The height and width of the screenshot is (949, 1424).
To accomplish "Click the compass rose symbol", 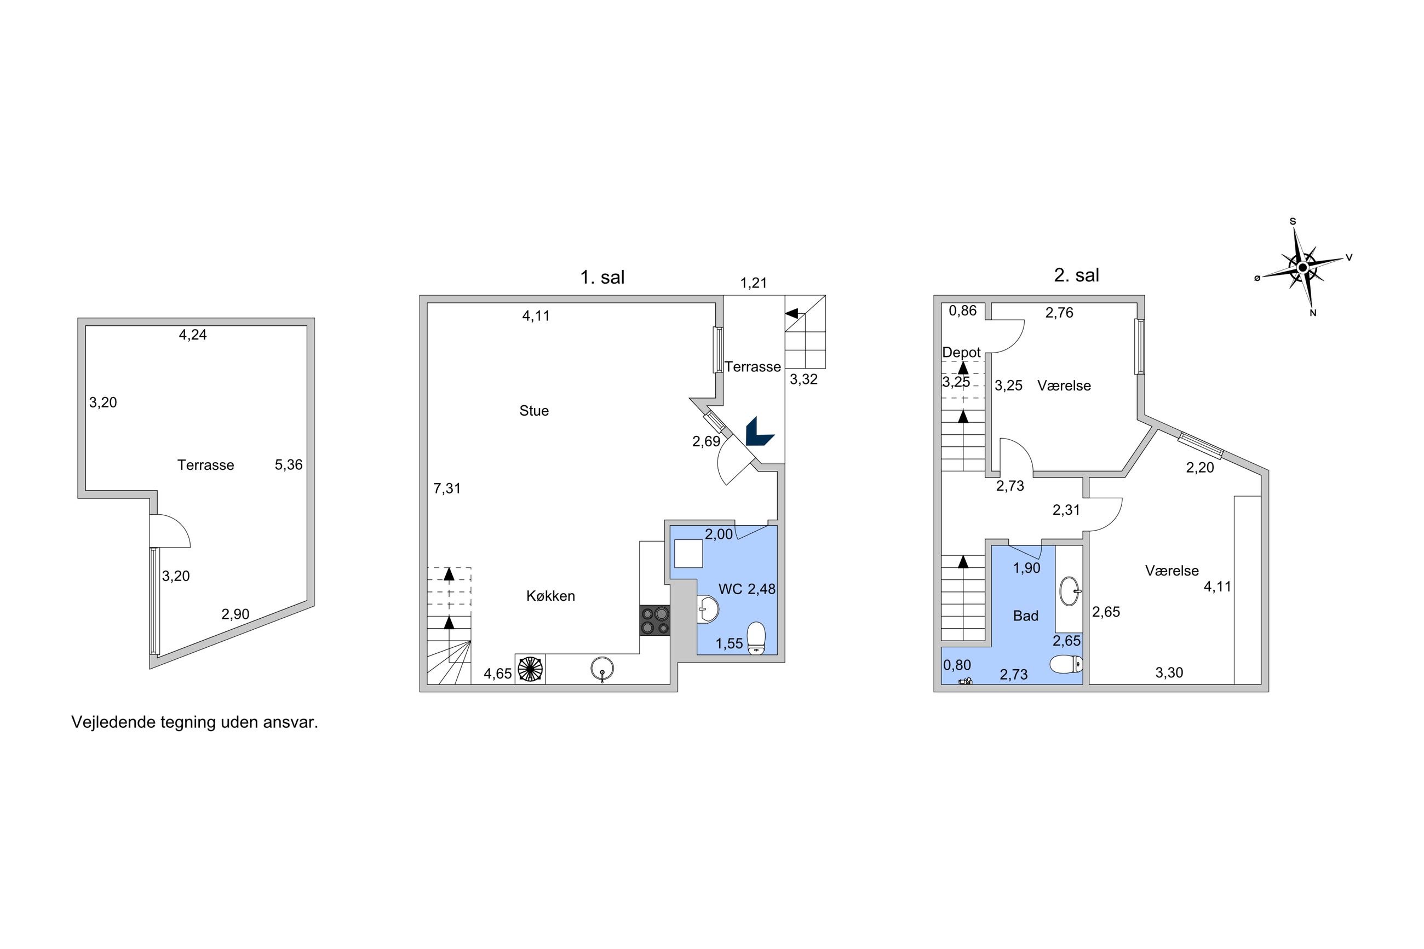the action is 1302,267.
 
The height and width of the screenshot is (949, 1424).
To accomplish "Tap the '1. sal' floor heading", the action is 602,277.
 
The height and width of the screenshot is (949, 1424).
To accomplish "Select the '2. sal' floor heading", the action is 1077,275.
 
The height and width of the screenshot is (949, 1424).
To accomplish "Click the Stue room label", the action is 534,410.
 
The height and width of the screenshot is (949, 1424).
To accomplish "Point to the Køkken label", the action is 550,596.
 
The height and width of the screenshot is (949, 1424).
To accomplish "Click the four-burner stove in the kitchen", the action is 655,620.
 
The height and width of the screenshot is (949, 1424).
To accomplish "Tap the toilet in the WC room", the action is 756,639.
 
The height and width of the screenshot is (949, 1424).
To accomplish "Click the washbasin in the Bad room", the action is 1070,591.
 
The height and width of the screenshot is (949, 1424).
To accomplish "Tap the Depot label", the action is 961,352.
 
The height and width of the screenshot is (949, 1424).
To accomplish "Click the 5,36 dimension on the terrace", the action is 289,465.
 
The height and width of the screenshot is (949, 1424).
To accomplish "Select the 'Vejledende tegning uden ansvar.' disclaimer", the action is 195,722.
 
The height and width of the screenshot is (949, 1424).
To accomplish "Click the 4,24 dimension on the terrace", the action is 192,335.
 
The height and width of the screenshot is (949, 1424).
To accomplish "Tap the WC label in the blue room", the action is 731,589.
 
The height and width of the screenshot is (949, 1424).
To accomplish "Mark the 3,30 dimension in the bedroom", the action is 1169,672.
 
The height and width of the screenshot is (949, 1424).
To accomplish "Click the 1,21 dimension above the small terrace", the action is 754,283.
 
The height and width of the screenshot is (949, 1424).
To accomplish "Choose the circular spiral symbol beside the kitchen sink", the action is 530,669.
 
